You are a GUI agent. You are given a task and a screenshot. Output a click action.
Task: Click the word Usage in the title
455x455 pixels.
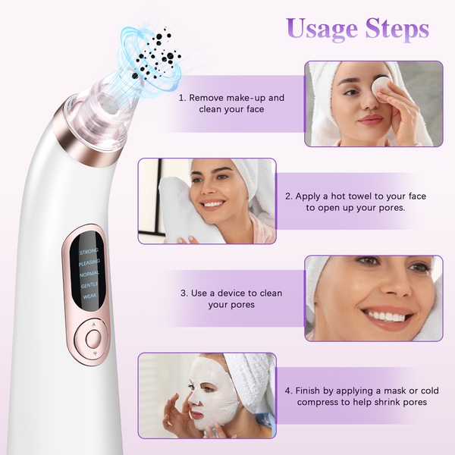click(322, 30)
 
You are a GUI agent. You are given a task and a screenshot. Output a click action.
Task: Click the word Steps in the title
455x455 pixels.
click(397, 29)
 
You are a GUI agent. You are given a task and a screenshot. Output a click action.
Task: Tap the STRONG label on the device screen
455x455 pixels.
click(89, 251)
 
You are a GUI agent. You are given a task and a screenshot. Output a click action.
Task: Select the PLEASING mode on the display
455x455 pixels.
click(89, 262)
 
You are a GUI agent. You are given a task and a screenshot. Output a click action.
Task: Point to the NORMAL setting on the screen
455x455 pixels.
click(89, 274)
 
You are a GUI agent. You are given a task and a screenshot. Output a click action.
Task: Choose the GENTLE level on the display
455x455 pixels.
click(89, 285)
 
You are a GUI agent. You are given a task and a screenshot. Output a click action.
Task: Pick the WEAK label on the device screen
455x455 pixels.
click(89, 297)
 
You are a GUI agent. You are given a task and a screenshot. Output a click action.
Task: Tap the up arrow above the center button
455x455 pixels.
click(93, 325)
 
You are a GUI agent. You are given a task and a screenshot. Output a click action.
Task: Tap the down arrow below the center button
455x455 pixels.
click(94, 353)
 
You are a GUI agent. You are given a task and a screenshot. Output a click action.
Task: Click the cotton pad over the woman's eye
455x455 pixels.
click(379, 86)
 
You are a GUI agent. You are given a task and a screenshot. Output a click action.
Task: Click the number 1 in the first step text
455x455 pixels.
click(181, 98)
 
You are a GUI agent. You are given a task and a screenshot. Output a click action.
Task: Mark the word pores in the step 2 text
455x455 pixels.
click(391, 208)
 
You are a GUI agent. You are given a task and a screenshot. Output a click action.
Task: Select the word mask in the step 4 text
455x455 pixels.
click(394, 391)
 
